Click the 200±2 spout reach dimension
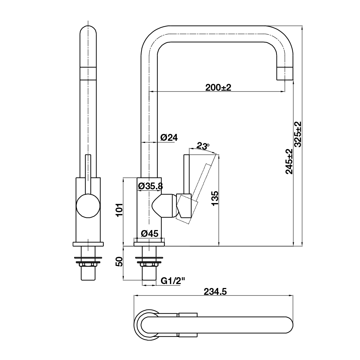[218, 87]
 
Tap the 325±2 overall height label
[298, 134]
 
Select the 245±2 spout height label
[289, 162]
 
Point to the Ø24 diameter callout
[169, 138]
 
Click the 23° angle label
[203, 146]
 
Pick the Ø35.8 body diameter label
[150, 186]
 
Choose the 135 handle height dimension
[215, 198]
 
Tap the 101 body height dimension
[120, 210]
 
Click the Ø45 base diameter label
[150, 234]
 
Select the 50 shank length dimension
[119, 262]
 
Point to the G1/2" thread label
[173, 281]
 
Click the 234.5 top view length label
[215, 292]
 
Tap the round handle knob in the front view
[88, 206]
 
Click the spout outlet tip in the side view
[285, 74]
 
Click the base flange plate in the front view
[88, 244]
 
